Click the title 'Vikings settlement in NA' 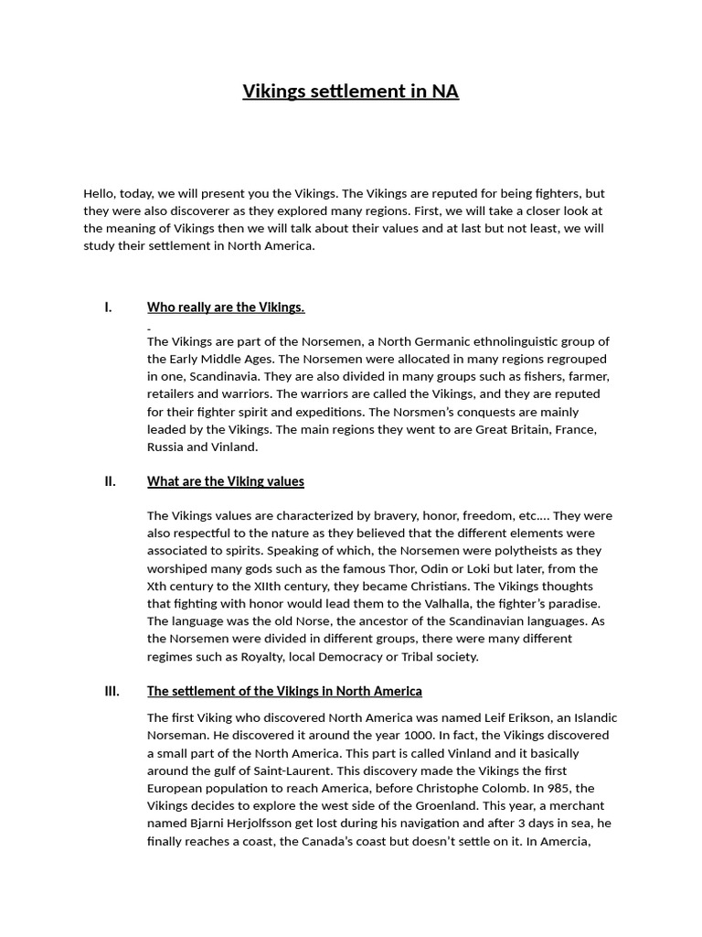pyautogui.click(x=350, y=92)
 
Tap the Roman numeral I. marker pyautogui.click(x=108, y=307)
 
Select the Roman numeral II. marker pyautogui.click(x=110, y=481)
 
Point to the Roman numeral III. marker pyautogui.click(x=112, y=691)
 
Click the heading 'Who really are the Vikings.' pyautogui.click(x=226, y=307)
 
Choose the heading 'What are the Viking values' pyautogui.click(x=226, y=481)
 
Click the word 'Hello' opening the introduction pyautogui.click(x=100, y=194)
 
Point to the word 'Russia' pyautogui.click(x=165, y=447)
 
